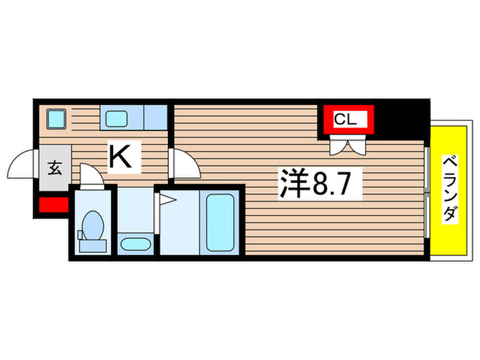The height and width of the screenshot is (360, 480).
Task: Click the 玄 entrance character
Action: pyautogui.click(x=54, y=168)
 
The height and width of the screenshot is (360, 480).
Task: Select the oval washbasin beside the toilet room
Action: pyautogui.click(x=134, y=243)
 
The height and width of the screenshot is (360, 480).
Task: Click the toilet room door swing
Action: pyautogui.click(x=90, y=175)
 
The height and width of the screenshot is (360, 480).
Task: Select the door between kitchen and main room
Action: pyautogui.click(x=184, y=164)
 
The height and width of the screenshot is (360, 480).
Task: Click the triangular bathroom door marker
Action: pyautogui.click(x=167, y=200)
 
